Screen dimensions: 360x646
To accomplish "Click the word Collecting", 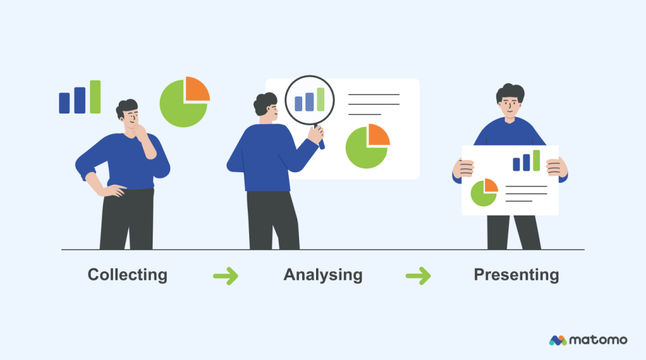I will pyautogui.click(x=127, y=275).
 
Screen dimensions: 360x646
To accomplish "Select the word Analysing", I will pyautogui.click(x=323, y=275).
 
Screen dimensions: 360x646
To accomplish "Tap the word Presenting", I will pyautogui.click(x=516, y=275).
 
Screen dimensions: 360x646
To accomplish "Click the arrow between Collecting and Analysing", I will pyautogui.click(x=225, y=276).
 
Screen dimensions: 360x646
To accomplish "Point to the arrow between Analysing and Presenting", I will pyautogui.click(x=418, y=276).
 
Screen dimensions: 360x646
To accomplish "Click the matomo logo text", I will pyautogui.click(x=597, y=340).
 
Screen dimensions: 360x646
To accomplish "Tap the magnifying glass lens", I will pyautogui.click(x=309, y=100).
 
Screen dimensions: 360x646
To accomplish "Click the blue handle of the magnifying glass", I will pyautogui.click(x=320, y=142).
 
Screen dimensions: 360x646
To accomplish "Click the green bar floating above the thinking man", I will pyautogui.click(x=95, y=96).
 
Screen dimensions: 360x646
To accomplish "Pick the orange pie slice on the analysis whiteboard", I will pyautogui.click(x=378, y=134).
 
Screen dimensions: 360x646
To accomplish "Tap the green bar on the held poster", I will pyautogui.click(x=536, y=160).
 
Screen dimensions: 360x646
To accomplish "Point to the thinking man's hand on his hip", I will pyautogui.click(x=114, y=189).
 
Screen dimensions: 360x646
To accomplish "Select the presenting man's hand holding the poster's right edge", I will pyautogui.click(x=555, y=166).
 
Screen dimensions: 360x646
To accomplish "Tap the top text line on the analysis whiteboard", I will pyautogui.click(x=373, y=95).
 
